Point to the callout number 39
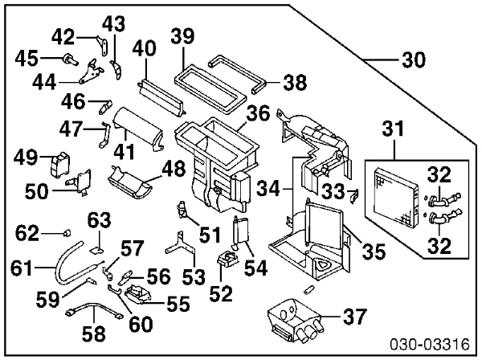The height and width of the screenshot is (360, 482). tap(182, 35)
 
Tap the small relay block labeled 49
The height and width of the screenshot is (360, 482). tap(59, 164)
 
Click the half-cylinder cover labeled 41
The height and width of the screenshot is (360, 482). tap(137, 129)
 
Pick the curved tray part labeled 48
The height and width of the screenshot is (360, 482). tap(133, 182)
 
